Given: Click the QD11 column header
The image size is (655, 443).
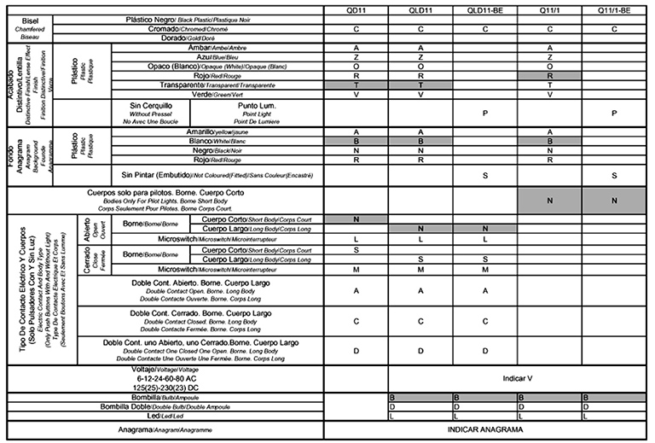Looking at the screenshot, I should click(356, 9).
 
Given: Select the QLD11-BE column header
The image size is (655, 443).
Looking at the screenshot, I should click(484, 9).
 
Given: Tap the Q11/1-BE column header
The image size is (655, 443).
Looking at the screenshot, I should click(614, 9).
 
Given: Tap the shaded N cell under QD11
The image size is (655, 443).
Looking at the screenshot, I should click(356, 219).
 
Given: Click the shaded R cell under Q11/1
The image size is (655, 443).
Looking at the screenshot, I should click(550, 76).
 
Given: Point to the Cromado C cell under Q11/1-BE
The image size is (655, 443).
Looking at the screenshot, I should click(614, 28).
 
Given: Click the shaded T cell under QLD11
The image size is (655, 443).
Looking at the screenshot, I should click(420, 85).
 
